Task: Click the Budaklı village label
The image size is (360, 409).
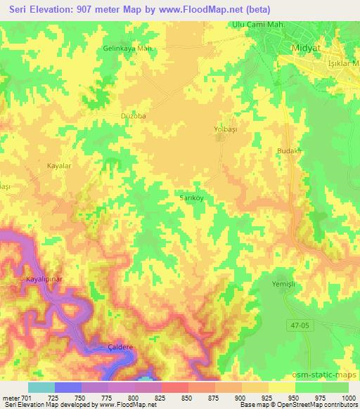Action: [289, 151]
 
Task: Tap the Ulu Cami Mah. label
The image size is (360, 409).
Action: [255, 25]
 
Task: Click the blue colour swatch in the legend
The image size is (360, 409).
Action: [68, 387]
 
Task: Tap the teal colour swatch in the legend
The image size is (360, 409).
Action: [41, 387]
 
